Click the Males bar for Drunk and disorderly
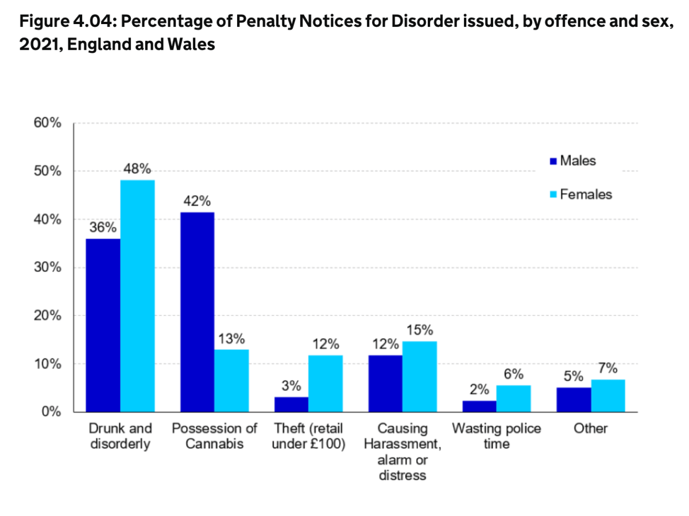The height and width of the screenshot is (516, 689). [103, 325]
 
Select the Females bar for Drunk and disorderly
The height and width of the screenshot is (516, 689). [137, 296]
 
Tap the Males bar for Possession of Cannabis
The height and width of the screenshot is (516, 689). [197, 312]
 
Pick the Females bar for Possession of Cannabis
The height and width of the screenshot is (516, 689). [231, 381]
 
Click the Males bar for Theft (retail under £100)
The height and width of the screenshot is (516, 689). [291, 404]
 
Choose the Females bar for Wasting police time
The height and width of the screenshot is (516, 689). [513, 398]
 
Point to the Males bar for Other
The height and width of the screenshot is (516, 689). [574, 400]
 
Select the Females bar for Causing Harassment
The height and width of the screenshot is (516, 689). [420, 377]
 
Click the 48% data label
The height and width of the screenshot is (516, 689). [138, 169]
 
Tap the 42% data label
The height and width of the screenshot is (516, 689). [197, 201]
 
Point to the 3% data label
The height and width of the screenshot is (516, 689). [291, 386]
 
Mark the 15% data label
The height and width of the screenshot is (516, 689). [420, 330]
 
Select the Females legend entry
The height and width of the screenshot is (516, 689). [580, 194]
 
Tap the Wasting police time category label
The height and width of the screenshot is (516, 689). [497, 436]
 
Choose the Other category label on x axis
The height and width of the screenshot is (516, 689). [590, 429]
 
